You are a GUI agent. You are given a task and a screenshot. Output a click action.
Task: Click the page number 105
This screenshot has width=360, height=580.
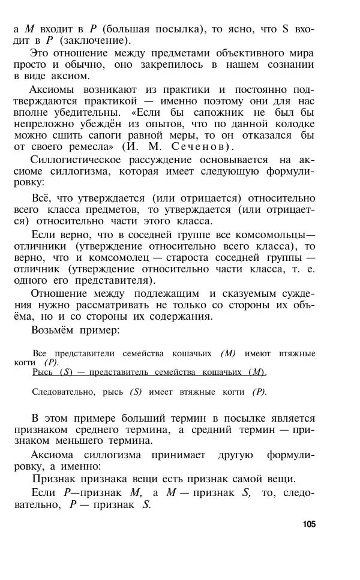click(x=309, y=524)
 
